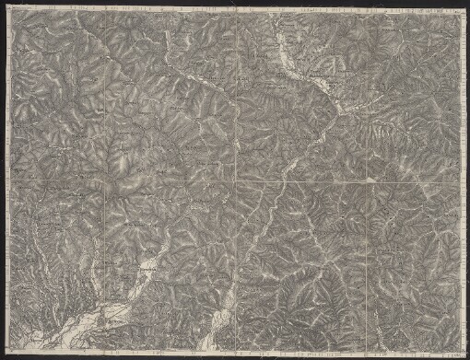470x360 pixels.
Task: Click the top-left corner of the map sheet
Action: coord(6,8)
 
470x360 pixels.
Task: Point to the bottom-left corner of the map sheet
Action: coord(7,353)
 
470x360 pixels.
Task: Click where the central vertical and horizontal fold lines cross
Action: coord(236,180)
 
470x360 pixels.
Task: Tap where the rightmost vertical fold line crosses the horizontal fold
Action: coord(369,180)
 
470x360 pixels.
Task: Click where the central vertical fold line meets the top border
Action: coord(236,9)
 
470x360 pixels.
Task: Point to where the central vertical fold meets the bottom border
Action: coord(236,353)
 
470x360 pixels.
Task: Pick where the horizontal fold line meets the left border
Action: coord(7,180)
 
